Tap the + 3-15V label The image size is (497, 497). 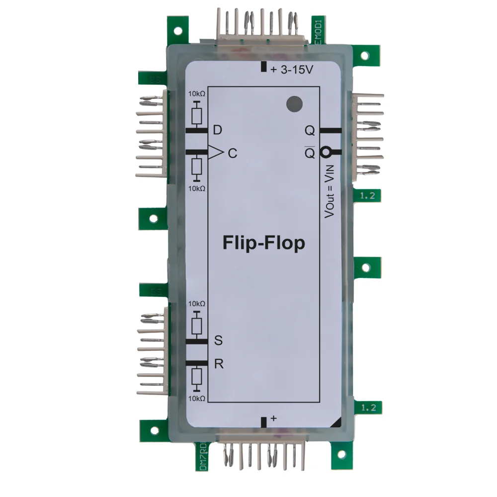click(292, 70)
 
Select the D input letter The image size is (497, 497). click(217, 131)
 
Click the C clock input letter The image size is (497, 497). click(232, 154)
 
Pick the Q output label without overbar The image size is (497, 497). click(310, 131)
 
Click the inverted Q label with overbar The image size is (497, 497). click(310, 153)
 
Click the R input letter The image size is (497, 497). click(218, 363)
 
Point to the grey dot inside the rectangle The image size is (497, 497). click(294, 104)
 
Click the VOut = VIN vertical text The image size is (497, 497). click(329, 192)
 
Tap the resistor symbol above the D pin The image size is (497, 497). click(197, 115)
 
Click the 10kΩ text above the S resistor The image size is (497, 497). click(197, 303)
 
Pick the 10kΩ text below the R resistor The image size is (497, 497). click(197, 398)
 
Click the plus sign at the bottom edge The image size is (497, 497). click(273, 419)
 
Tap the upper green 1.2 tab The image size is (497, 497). click(368, 196)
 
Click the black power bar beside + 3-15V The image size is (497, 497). click(263, 67)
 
